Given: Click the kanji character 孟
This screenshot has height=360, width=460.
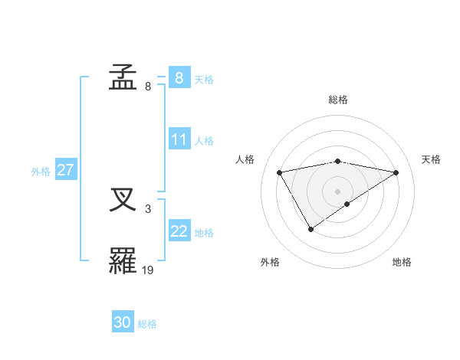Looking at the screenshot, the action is [x=123, y=78].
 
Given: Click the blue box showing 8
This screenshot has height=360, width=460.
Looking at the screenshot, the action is [x=179, y=78].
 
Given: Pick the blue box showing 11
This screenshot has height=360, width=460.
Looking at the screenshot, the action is [x=179, y=140].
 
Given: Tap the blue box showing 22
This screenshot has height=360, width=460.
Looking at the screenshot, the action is [x=179, y=232].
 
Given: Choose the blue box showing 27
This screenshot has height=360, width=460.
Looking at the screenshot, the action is [x=65, y=171].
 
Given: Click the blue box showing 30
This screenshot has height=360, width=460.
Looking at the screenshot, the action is [x=123, y=323].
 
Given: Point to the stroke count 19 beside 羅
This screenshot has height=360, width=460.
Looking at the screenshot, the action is [x=148, y=270].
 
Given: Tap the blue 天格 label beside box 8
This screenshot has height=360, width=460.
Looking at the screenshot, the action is [x=204, y=79].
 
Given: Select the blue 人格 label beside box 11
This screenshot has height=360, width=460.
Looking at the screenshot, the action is [x=204, y=141].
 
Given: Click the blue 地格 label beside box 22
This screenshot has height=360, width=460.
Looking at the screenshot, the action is [x=204, y=233].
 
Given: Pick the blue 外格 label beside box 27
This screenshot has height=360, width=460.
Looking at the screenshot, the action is [x=41, y=172].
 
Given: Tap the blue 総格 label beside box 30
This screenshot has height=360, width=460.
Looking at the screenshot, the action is [x=147, y=324].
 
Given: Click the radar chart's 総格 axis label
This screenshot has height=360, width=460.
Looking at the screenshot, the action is [x=337, y=100].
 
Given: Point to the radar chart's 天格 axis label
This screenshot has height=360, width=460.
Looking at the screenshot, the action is [x=432, y=159].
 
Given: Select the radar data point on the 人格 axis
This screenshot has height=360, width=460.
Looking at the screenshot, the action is [x=280, y=172].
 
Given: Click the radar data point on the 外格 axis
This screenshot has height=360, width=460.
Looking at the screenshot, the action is [x=310, y=229].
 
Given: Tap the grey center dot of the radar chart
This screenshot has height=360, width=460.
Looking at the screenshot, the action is [x=337, y=191].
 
